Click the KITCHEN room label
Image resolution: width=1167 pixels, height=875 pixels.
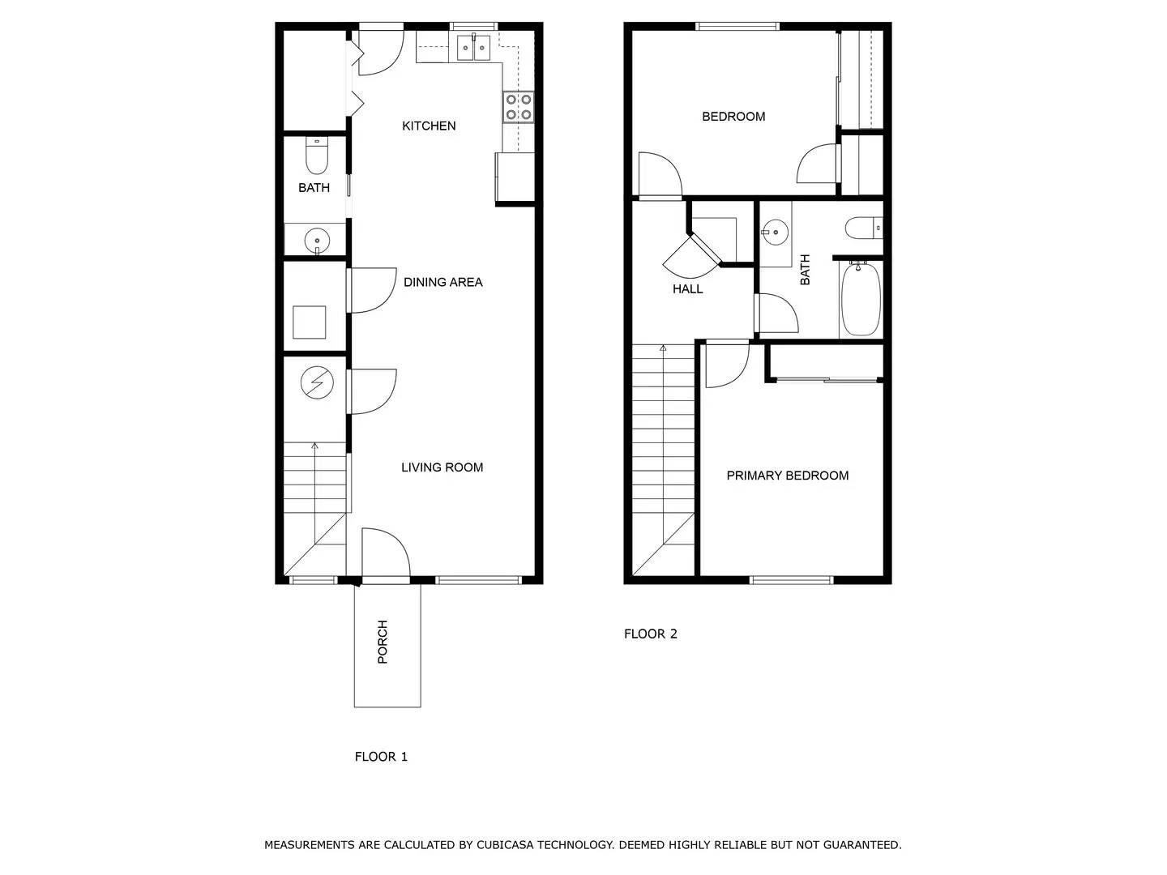click(429, 126)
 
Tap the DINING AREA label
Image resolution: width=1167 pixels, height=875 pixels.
click(442, 282)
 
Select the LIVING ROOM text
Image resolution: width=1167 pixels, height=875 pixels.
click(442, 467)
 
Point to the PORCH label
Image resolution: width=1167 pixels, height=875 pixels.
click(383, 642)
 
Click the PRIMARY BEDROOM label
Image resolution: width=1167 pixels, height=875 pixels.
click(787, 476)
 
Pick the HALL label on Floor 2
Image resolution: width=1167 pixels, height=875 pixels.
click(687, 288)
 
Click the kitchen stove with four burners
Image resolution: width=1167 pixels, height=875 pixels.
click(519, 107)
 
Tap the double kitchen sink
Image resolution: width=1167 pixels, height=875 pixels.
click(473, 48)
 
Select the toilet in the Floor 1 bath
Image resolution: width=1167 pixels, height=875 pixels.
click(317, 156)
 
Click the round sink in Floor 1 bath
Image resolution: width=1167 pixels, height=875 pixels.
click(316, 241)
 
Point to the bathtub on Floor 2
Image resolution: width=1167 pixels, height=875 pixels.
click(861, 299)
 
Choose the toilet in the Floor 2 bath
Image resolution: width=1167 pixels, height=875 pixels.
click(862, 228)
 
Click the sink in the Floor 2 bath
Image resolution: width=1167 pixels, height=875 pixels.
click(776, 233)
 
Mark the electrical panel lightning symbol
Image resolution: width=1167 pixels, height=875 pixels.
click(317, 383)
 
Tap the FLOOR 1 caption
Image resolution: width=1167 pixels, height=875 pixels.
click(381, 757)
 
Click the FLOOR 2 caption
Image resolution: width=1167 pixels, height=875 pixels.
click(650, 634)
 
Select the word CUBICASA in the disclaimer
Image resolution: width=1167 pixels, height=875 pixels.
click(505, 845)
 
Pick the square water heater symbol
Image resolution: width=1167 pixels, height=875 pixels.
click(309, 322)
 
